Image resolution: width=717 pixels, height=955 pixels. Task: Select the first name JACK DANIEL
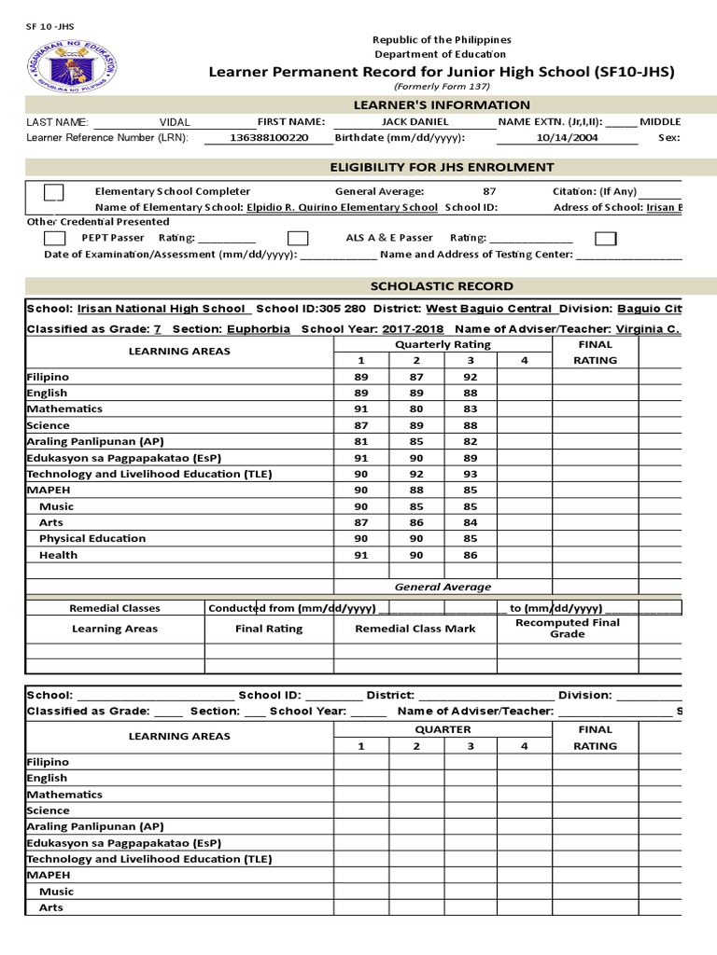(415, 122)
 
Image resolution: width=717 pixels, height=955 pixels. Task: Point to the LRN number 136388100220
(268, 138)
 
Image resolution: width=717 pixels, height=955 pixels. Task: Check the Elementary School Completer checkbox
(54, 192)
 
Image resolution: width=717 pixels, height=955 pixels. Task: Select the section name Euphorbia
(258, 329)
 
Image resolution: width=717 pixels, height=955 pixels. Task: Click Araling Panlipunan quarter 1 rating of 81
(361, 441)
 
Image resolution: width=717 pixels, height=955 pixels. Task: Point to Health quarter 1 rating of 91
(361, 555)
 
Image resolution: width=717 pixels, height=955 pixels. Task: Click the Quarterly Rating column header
(443, 344)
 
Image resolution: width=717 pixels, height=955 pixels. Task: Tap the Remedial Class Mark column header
(415, 629)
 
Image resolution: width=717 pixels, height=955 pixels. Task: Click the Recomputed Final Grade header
(567, 628)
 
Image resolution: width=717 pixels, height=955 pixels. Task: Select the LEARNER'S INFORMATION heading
(442, 105)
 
